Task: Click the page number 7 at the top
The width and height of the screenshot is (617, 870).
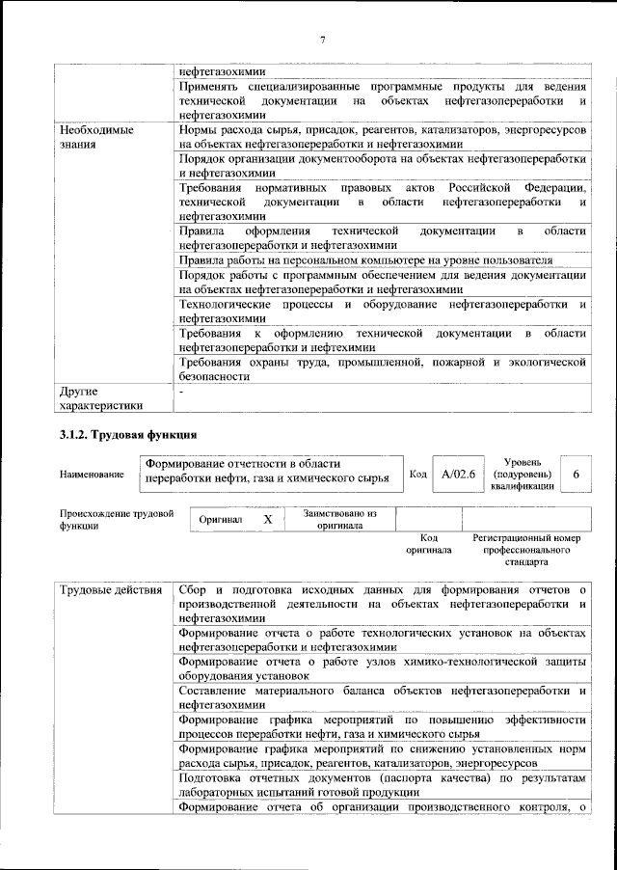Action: [323, 40]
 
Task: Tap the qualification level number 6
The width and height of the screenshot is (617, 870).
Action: [576, 475]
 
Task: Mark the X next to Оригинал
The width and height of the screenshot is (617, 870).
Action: [268, 519]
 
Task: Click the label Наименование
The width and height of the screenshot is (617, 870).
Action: [91, 475]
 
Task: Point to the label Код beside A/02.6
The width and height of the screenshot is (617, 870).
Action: [418, 475]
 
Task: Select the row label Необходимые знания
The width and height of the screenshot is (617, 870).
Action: [94, 136]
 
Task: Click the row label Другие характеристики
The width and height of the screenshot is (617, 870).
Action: [100, 398]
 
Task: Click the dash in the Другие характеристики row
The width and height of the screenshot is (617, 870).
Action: [182, 392]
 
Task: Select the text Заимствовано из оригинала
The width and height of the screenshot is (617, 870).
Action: [338, 520]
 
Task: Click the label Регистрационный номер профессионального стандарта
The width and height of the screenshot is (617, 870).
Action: [525, 549]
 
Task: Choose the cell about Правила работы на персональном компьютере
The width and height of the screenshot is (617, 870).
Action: [366, 260]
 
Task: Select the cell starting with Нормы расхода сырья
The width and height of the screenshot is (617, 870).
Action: [383, 136]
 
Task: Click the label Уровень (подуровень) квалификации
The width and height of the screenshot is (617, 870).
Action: [522, 475]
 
